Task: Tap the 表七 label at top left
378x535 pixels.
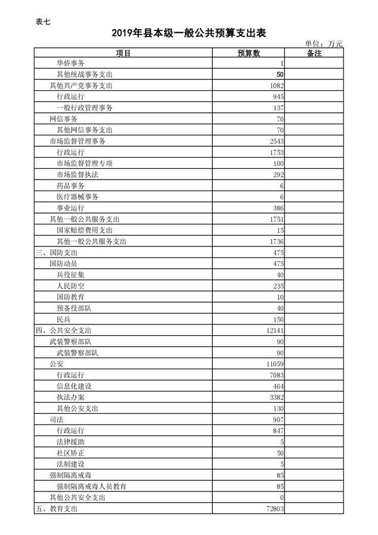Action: (43, 22)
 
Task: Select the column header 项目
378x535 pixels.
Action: (123, 53)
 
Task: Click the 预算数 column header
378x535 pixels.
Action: (249, 53)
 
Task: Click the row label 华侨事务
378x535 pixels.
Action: (70, 63)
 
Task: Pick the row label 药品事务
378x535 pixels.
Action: (70, 186)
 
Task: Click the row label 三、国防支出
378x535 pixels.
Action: (55, 253)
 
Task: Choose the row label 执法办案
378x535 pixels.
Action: (70, 397)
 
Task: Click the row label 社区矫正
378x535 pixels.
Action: (70, 453)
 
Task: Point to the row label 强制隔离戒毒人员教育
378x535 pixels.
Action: (91, 487)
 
